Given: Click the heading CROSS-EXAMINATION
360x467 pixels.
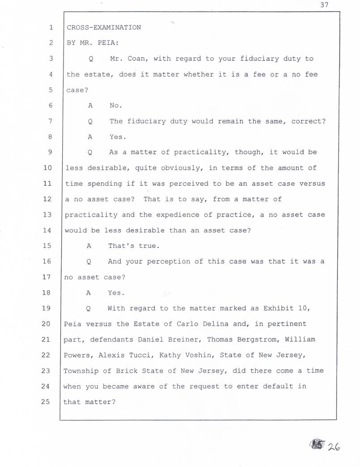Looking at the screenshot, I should (x=104, y=27).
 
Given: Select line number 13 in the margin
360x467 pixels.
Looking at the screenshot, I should (x=48, y=214).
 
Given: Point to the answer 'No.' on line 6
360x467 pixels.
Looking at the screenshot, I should (x=115, y=106).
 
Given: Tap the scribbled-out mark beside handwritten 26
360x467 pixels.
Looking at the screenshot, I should (x=317, y=445).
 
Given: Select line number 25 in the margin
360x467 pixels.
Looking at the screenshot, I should (x=48, y=401).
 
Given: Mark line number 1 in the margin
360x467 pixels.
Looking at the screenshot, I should (x=51, y=27).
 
